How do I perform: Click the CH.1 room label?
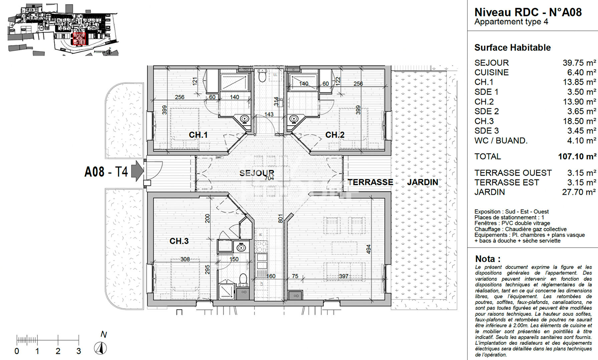click(x=198, y=135)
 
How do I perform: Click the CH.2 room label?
click(x=335, y=135)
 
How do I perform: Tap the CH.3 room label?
click(x=179, y=241)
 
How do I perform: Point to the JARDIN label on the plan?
click(x=422, y=182)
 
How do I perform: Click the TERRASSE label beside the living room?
click(x=370, y=182)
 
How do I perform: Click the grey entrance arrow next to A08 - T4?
click(x=137, y=171)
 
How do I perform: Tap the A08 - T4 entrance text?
click(x=106, y=172)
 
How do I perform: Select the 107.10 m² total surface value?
click(x=577, y=157)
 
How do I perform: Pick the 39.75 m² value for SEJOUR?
click(x=579, y=63)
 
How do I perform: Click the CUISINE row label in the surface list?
click(x=492, y=73)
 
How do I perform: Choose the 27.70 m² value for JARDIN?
click(x=579, y=192)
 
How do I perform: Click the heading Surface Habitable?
click(x=512, y=48)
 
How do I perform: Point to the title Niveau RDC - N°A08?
click(x=528, y=12)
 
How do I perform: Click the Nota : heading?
click(x=488, y=259)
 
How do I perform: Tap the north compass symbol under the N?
click(x=100, y=348)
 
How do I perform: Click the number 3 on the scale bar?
click(x=79, y=351)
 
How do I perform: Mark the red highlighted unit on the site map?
click(x=79, y=39)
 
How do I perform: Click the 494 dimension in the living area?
click(x=368, y=249)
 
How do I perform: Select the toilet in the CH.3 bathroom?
click(x=243, y=279)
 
